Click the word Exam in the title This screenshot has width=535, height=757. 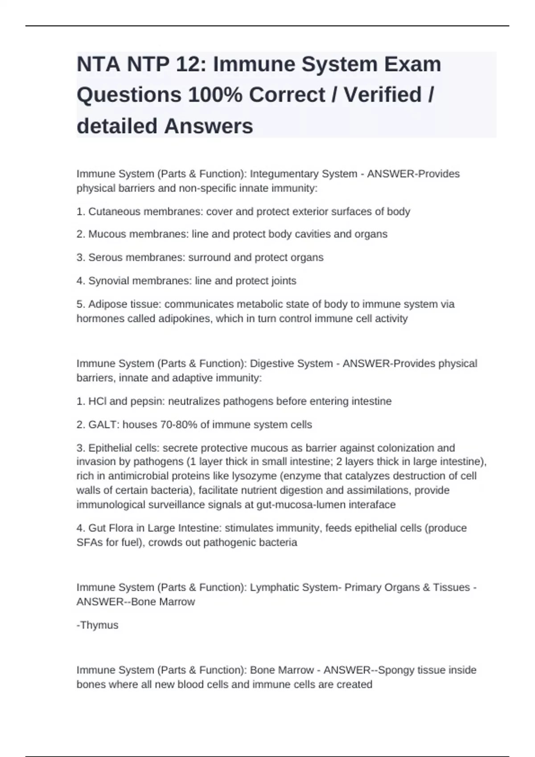pos(413,64)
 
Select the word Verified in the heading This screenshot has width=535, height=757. pos(383,95)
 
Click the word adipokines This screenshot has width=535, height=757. pos(185,319)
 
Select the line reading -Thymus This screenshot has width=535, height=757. pos(97,625)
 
